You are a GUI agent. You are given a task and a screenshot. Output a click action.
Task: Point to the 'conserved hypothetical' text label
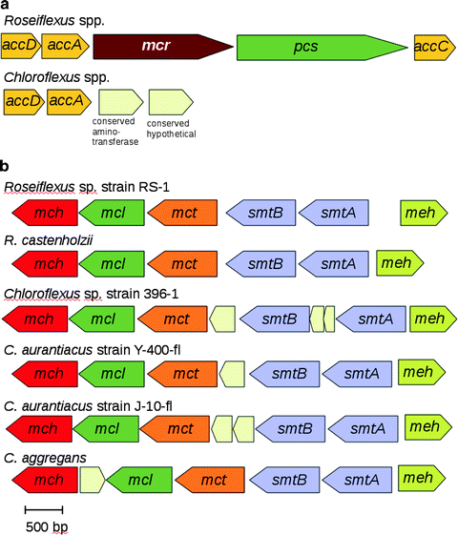(x=171, y=128)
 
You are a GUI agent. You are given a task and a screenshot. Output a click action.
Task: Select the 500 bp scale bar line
(x=43, y=509)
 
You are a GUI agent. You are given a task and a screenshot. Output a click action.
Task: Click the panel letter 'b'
(x=7, y=165)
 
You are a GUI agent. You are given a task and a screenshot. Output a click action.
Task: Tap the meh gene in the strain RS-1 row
(x=423, y=214)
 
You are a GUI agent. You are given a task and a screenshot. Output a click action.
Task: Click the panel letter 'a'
(x=7, y=7)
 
